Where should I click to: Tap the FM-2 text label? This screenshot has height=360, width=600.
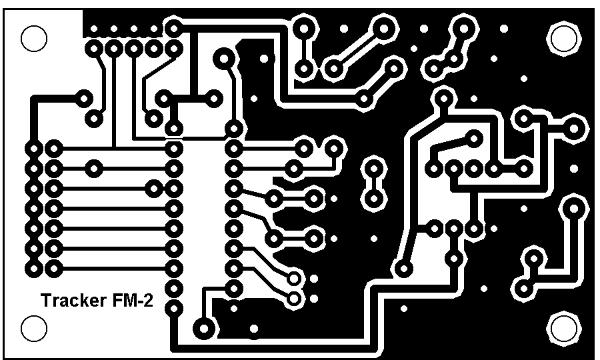click(x=133, y=300)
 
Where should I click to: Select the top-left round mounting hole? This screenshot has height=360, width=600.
click(x=34, y=38)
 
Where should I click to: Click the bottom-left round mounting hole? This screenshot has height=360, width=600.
click(x=34, y=328)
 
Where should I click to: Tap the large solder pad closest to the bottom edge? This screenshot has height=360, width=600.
click(x=204, y=328)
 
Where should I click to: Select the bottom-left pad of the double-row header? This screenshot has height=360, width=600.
click(x=34, y=268)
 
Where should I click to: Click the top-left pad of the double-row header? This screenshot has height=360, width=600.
click(x=34, y=149)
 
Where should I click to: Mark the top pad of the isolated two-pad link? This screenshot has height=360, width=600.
click(x=374, y=168)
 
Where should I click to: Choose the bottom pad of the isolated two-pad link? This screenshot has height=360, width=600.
click(x=374, y=199)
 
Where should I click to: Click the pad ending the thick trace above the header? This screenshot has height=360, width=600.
click(x=83, y=99)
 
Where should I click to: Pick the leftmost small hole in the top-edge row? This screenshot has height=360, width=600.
click(x=94, y=29)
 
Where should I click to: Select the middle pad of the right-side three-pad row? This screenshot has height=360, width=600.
click(x=454, y=229)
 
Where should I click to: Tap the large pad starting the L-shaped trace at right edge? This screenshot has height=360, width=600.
click(x=573, y=209)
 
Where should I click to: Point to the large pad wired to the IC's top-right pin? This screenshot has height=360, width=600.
click(x=224, y=59)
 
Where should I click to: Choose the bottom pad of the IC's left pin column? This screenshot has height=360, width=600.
click(x=174, y=309)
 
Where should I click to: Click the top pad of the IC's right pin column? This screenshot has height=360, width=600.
click(x=234, y=128)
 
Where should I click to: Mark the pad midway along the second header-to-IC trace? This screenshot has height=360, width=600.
click(x=94, y=168)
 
